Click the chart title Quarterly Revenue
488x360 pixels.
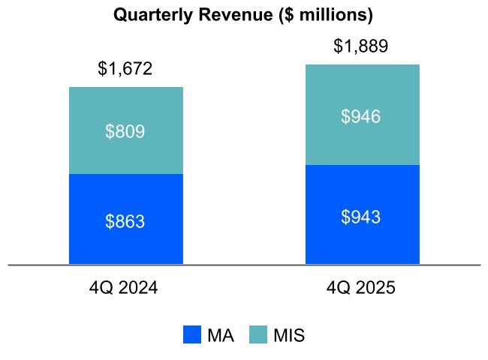tap(242, 15)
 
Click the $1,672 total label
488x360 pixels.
tap(125, 70)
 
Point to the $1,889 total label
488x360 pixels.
tap(361, 47)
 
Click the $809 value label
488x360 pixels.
tap(125, 132)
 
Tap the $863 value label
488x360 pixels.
tap(125, 221)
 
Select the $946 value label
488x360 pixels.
tap(361, 116)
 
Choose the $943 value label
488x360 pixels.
tap(361, 217)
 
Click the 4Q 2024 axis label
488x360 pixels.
tap(125, 288)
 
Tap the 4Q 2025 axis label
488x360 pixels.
tap(361, 288)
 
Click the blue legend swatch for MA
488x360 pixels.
tap(192, 335)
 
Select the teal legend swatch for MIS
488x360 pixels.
tap(258, 335)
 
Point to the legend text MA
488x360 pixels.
tap(221, 335)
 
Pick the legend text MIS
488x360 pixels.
tap(289, 335)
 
